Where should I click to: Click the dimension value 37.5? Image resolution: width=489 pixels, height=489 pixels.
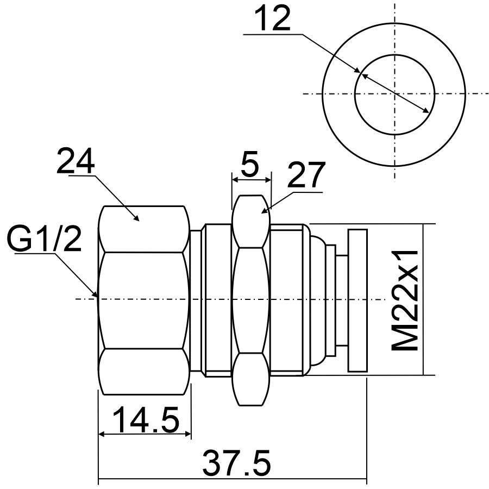236,463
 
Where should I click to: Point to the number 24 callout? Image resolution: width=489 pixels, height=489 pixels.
76,161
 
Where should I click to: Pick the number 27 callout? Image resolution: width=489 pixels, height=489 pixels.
306,175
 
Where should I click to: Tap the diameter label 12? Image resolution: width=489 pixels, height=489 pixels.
273,21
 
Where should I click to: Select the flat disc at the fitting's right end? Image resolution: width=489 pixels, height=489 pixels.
356,300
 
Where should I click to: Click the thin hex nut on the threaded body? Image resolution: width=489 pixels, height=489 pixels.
251,300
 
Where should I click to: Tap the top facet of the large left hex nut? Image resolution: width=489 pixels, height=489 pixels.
144,228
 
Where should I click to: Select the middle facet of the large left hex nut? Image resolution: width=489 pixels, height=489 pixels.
144,300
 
